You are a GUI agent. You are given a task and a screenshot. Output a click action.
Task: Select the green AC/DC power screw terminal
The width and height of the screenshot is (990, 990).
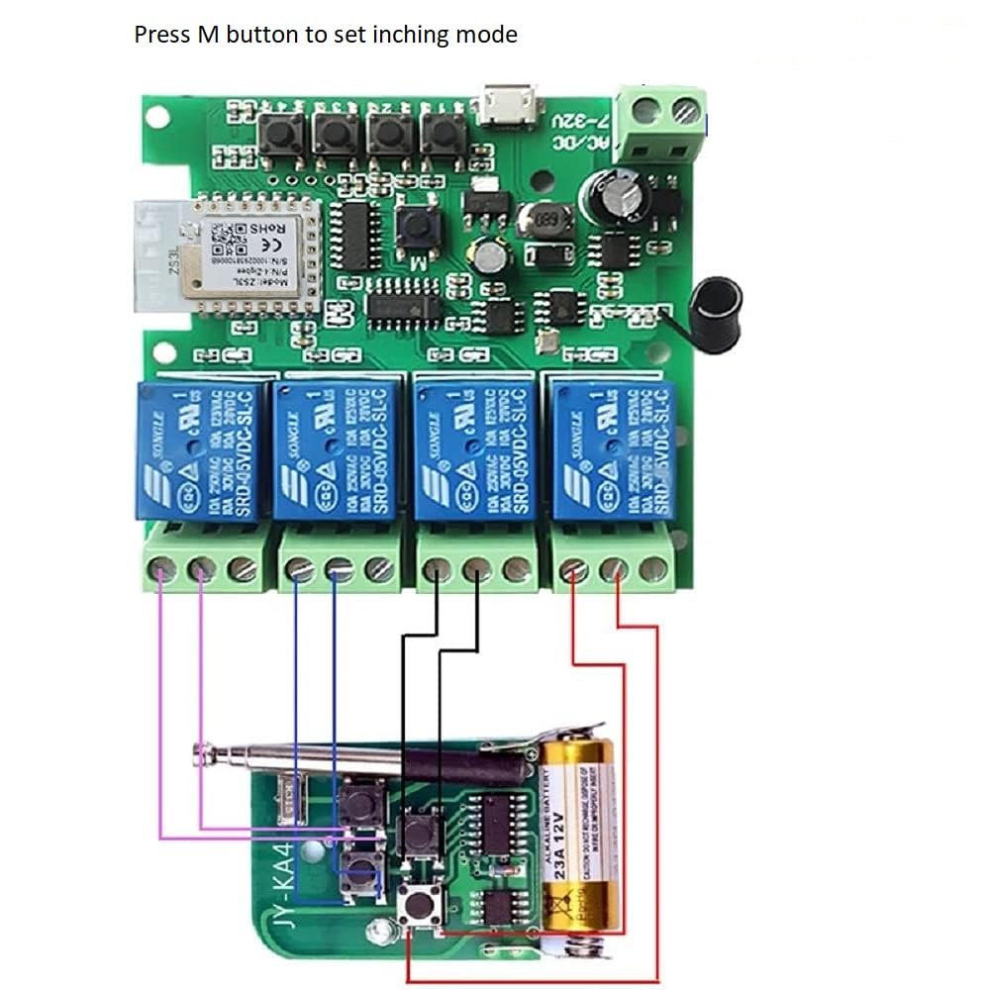pos(663,125)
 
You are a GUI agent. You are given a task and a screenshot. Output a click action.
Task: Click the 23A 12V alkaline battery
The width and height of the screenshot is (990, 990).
pos(577,841)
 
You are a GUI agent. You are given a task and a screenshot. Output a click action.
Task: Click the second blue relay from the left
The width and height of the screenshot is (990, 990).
pos(333,451)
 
